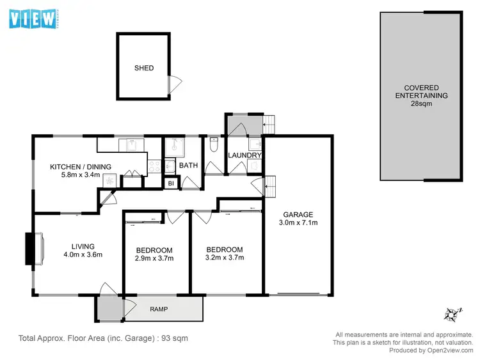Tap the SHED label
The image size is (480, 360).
pos(143,68)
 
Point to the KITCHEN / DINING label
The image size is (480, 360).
pos(81,167)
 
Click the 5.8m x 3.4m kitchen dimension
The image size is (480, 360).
pos(81,175)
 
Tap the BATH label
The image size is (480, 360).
pos(188,166)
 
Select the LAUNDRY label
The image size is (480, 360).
pos(245,155)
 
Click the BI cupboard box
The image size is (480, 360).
pos(171,184)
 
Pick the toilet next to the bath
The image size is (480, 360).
pos(212,147)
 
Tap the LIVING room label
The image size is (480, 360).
pos(83,246)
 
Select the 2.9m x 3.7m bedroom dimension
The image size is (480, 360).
pos(154,258)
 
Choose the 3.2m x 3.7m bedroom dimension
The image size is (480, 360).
pos(225,258)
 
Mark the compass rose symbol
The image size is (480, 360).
pos(454,315)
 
